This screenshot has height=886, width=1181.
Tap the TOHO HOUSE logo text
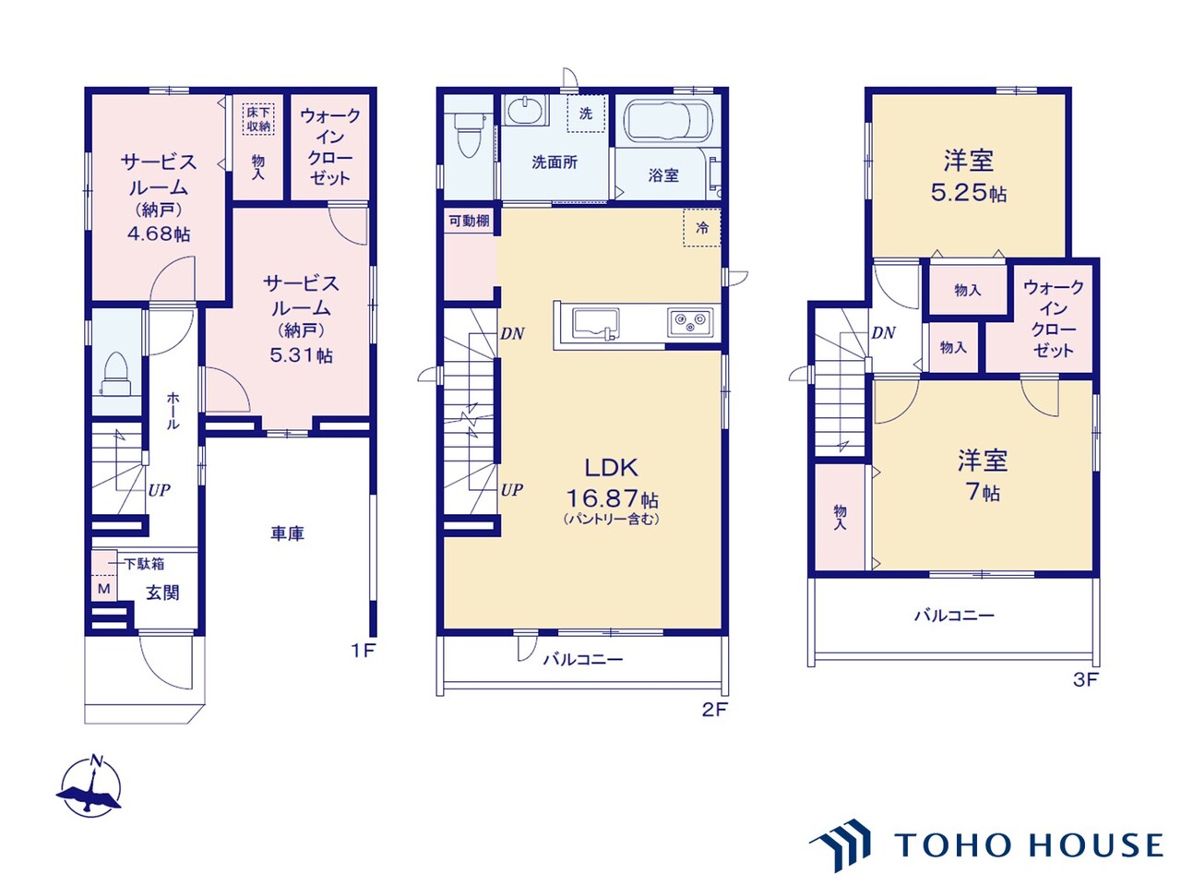pos(1029,845)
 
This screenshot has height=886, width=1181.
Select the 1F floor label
pos(364,651)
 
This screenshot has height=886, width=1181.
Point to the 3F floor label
pos(1085,680)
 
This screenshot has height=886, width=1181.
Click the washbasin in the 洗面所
pos(526,112)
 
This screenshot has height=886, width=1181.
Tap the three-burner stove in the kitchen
pos(690,322)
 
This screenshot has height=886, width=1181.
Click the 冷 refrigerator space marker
pos(701,228)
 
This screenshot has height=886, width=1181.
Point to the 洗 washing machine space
pos(586,113)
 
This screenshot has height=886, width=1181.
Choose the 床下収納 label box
pos(258,119)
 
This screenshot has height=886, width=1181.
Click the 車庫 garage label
pos(287,533)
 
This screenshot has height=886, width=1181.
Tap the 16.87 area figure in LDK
pos(602,498)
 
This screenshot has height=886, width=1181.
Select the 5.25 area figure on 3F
pos(958,193)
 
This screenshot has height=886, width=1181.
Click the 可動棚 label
pos(470,221)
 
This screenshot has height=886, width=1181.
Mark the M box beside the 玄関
pos(104,589)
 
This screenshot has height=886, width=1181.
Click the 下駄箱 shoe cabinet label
pos(144,564)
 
